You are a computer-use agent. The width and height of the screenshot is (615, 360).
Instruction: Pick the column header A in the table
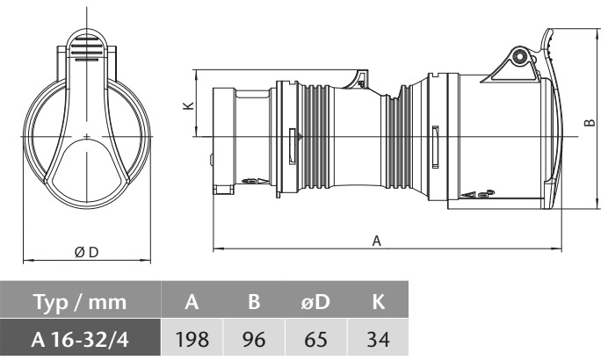coord(191,304)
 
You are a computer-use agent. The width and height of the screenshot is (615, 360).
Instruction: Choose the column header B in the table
coord(253,304)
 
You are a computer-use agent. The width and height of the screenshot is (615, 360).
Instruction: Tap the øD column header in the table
coord(315,304)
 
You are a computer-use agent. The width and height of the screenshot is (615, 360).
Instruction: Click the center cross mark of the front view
coord(88,137)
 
